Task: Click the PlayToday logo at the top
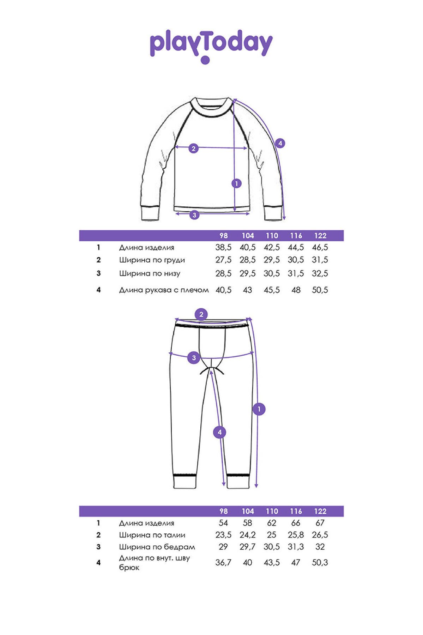pyautogui.click(x=211, y=45)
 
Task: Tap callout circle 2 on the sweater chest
pyautogui.click(x=193, y=149)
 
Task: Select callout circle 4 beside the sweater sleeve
pyautogui.click(x=280, y=143)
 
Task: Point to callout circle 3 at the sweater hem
pyautogui.click(x=194, y=214)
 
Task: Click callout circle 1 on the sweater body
pyautogui.click(x=236, y=183)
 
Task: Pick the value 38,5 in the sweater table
pyautogui.click(x=223, y=247)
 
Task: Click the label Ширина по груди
pyautogui.click(x=152, y=260)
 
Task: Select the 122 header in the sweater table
pyautogui.click(x=320, y=236)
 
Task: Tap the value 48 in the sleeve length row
pyautogui.click(x=296, y=290)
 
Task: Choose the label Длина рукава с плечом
pyautogui.click(x=164, y=290)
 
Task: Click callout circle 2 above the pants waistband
pyautogui.click(x=201, y=314)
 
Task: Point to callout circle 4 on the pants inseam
pyautogui.click(x=219, y=432)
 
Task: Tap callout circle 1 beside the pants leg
pyautogui.click(x=259, y=409)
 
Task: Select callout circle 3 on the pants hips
pyautogui.click(x=194, y=358)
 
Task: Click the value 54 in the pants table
pyautogui.click(x=223, y=523)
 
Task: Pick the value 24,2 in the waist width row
pyautogui.click(x=248, y=535)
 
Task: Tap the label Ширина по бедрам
pyautogui.click(x=157, y=547)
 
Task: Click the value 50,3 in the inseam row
pyautogui.click(x=320, y=562)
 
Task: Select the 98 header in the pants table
pyautogui.click(x=223, y=511)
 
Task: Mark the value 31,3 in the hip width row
pyautogui.click(x=296, y=547)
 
